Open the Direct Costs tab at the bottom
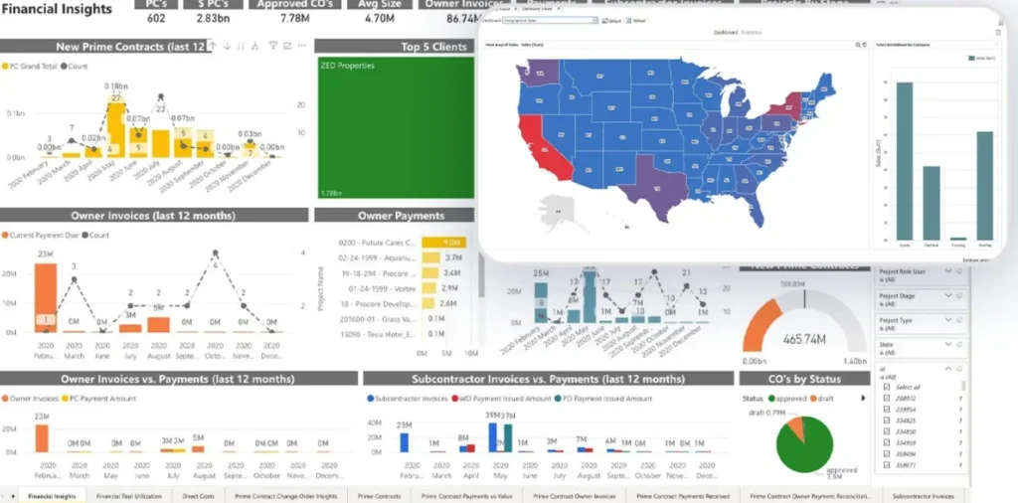[197, 495]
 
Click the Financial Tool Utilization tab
[129, 495]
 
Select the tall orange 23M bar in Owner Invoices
[46, 295]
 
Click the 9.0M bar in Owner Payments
[444, 242]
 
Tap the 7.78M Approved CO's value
[293, 17]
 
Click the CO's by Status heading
[804, 379]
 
